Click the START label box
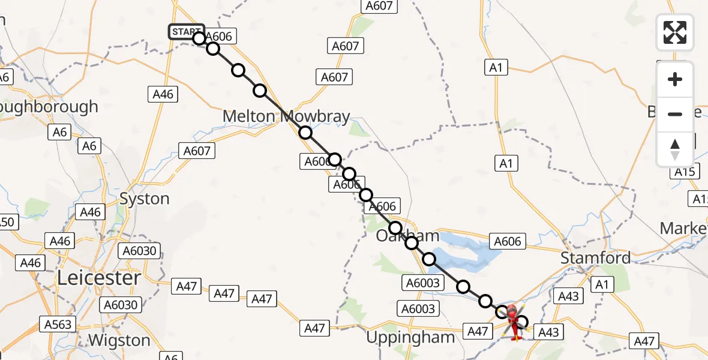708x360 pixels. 186,31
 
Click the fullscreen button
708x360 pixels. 675,32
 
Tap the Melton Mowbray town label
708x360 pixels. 286,116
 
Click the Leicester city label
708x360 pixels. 99,278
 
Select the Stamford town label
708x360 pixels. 595,258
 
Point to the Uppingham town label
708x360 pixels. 410,337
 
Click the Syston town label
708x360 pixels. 145,199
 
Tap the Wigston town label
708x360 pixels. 119,340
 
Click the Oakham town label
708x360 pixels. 407,236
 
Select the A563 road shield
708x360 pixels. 58,325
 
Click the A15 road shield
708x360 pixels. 684,172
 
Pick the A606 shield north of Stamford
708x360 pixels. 508,241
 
